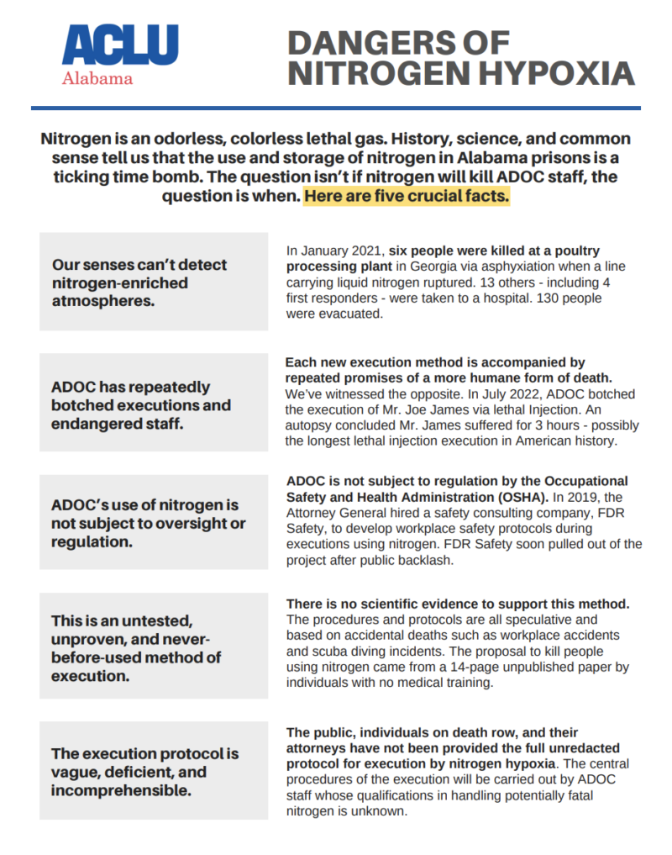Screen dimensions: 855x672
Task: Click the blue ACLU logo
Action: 120,47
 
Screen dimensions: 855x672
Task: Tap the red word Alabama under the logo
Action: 97,79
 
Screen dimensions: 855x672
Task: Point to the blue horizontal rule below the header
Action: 336,108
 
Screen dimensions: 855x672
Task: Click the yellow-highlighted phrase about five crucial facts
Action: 407,198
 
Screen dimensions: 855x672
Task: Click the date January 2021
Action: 333,251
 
